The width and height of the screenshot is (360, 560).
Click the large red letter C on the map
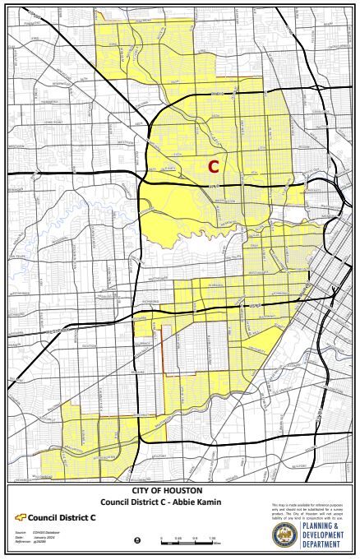[213, 167]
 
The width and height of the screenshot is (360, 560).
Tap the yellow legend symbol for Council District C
[21, 518]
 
